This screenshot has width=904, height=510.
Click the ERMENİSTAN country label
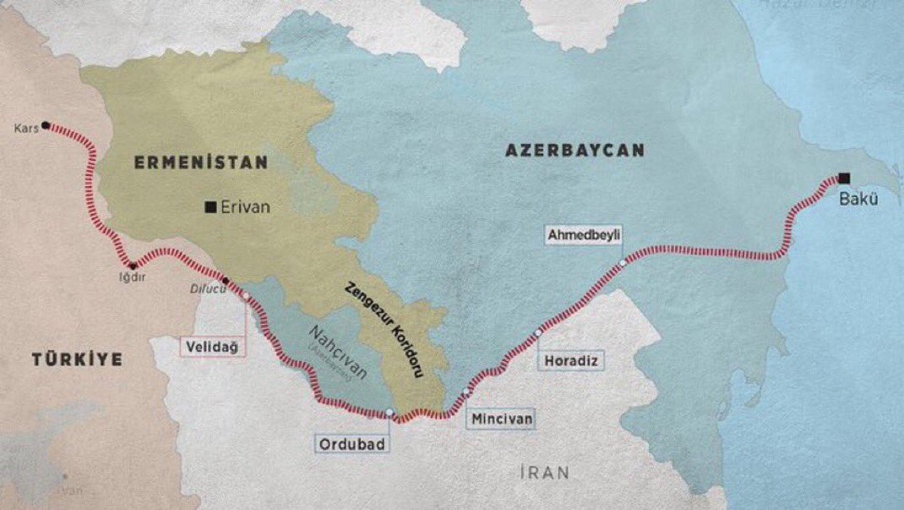pyautogui.click(x=199, y=162)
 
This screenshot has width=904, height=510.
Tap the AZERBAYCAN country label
pyautogui.click(x=575, y=151)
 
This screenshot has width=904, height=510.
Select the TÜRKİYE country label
pyautogui.click(x=78, y=359)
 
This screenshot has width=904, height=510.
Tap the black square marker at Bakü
pyautogui.click(x=844, y=178)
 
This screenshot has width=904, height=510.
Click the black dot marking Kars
pyautogui.click(x=46, y=124)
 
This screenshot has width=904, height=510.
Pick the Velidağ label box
pyautogui.click(x=215, y=346)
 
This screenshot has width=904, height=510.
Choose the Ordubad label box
pyautogui.click(x=353, y=443)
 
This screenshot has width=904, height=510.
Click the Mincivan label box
pyautogui.click(x=500, y=418)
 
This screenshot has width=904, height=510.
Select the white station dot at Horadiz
pyautogui.click(x=538, y=334)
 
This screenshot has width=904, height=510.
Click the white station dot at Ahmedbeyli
pyautogui.click(x=623, y=263)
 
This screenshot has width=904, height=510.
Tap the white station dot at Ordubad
pyautogui.click(x=389, y=413)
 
